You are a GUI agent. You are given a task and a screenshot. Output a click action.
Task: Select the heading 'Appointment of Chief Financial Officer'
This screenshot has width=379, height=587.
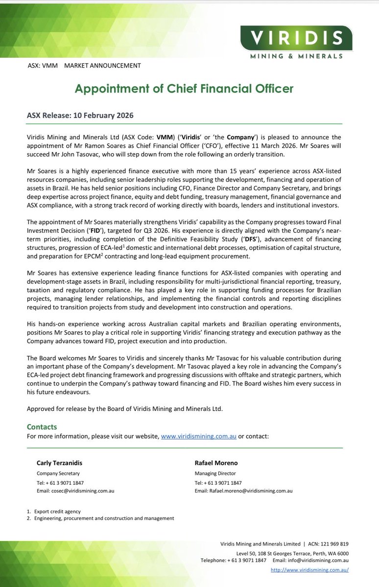pos(184,89)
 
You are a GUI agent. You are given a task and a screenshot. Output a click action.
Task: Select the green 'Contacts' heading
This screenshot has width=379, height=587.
pos(42,427)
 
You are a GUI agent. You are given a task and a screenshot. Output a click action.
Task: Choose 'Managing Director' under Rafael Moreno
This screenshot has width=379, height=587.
pos(215,473)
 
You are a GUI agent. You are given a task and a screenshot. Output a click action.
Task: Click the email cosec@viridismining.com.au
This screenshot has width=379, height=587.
pos(75,491)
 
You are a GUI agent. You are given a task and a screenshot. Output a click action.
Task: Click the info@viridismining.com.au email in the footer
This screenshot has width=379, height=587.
pos(318,560)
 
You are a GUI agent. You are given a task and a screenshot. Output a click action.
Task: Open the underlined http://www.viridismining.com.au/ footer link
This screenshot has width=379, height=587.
pos(309,570)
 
